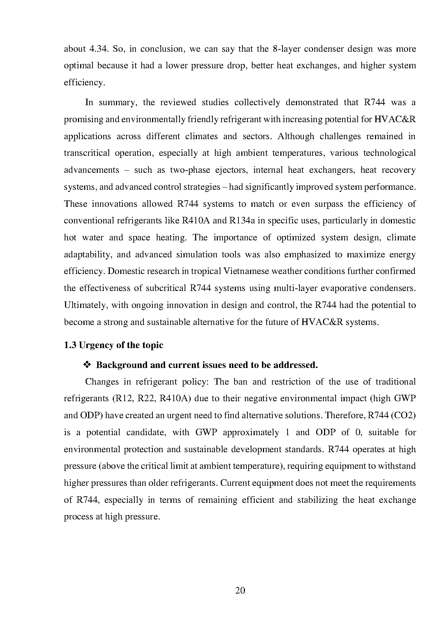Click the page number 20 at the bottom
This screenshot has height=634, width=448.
tap(240, 591)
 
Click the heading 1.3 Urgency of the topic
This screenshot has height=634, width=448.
tap(113, 345)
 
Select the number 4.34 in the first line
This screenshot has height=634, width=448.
tap(98, 49)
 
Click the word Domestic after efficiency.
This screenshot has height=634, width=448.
tap(128, 271)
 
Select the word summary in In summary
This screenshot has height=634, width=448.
tap(115, 102)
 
